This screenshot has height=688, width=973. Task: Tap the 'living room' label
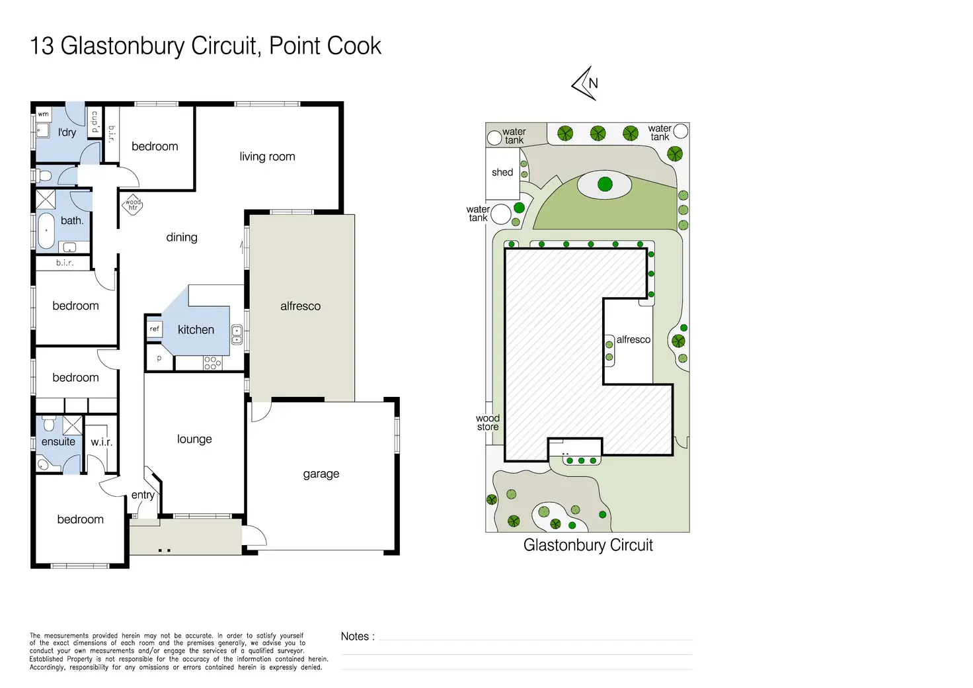[267, 157]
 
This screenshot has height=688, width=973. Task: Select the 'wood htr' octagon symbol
[133, 204]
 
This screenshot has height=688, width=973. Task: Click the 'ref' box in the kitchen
[154, 328]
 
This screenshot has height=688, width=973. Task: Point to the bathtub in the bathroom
[46, 230]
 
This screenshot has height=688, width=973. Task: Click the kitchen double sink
[237, 335]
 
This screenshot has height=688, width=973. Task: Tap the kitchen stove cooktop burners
[212, 363]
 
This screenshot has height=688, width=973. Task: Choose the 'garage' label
[321, 474]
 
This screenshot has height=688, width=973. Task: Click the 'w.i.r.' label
[101, 442]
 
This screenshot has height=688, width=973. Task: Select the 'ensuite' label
[58, 442]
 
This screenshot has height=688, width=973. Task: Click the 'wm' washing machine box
[43, 114]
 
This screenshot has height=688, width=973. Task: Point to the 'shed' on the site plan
[502, 173]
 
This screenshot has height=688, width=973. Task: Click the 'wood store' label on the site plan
[488, 423]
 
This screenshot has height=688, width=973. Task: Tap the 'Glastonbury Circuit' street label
[588, 545]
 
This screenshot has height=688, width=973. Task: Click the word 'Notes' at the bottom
[355, 636]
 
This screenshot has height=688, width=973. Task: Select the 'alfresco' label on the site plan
[633, 339]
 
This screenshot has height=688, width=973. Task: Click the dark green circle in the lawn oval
[605, 185]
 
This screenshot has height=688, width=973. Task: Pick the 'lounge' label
[194, 439]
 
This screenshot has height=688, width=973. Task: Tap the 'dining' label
[182, 237]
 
